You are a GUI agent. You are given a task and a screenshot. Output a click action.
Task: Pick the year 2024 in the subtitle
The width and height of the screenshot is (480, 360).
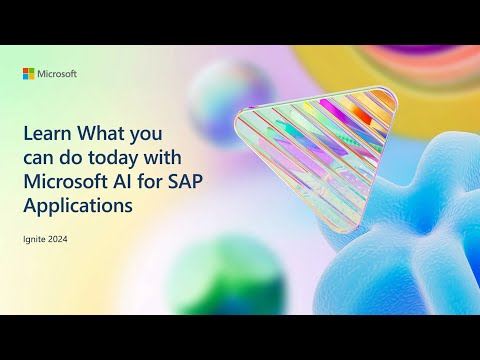[60, 238]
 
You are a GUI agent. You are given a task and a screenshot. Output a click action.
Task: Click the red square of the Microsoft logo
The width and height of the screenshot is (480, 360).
[27, 71]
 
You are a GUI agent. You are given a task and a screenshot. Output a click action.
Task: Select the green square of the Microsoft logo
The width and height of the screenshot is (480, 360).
[33, 71]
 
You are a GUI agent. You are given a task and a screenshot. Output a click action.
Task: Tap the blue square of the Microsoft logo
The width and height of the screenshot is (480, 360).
[27, 77]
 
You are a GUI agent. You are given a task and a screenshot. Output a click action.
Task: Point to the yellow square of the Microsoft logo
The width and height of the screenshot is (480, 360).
[33, 77]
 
